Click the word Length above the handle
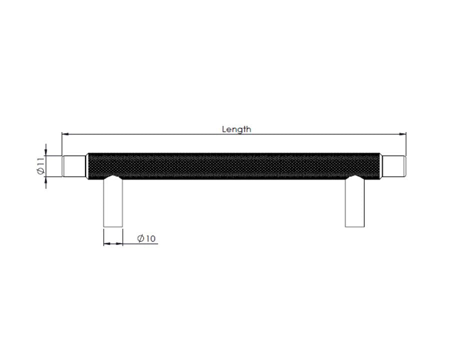[236, 129]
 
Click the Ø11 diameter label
[41, 166]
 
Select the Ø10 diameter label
[146, 238]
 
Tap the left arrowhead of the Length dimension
[65, 134]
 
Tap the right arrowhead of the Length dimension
[403, 134]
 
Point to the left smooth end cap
[74, 166]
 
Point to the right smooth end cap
[394, 166]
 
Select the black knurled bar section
[234, 166]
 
